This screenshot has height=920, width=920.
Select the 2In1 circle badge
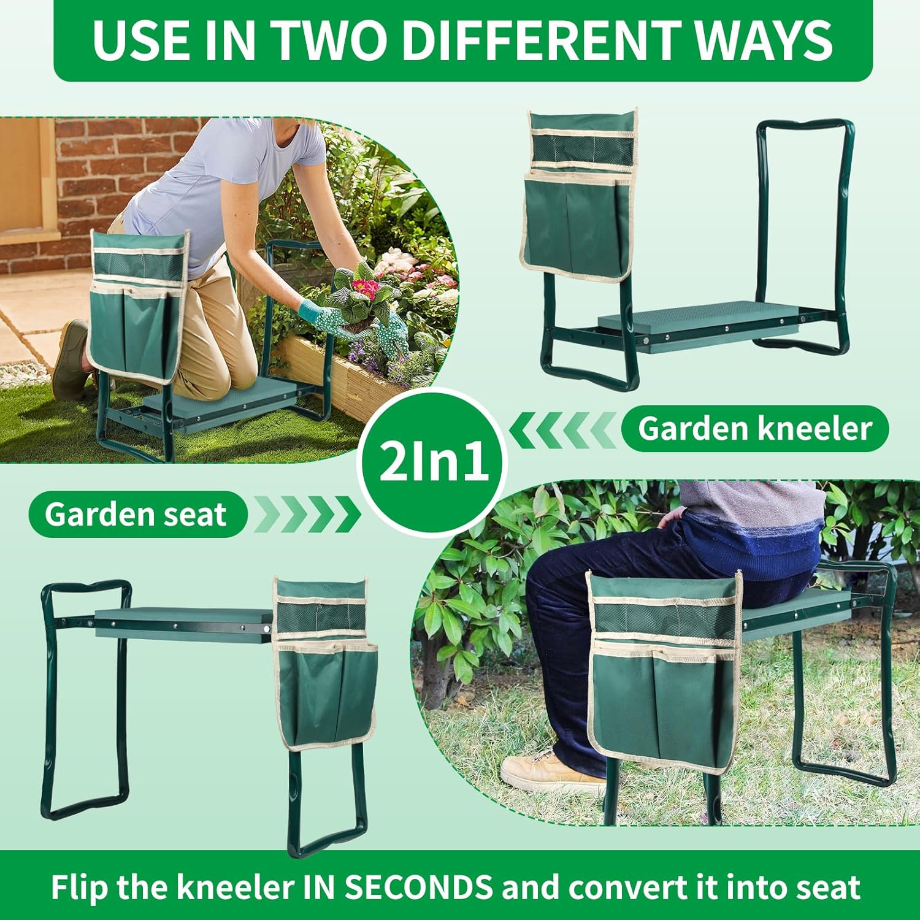click(434, 461)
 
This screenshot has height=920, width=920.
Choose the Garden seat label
click(136, 514)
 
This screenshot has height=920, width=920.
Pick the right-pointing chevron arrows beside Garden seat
click(307, 514)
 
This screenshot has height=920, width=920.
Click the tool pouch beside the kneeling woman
click(138, 306)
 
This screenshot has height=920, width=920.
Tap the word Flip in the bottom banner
click(80, 887)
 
